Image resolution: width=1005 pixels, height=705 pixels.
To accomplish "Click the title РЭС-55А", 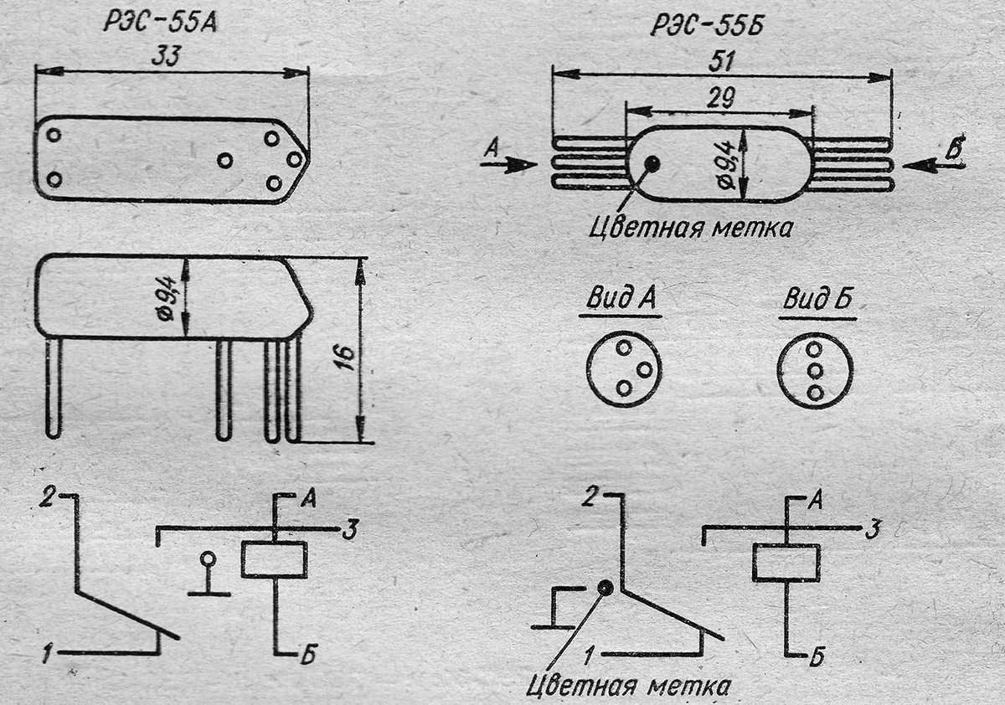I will click(x=159, y=21).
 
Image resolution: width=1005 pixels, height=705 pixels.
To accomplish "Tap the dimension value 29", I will click(x=720, y=97).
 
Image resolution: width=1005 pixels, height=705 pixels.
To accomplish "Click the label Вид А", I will click(x=621, y=300).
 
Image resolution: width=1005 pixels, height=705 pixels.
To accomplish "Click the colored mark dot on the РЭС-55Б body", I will click(x=652, y=164).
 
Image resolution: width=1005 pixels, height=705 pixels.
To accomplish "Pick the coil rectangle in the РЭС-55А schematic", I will click(x=274, y=559).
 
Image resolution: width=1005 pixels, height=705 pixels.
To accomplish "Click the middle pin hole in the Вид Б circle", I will click(x=815, y=369).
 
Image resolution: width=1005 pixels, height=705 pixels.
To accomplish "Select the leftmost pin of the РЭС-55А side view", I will click(x=54, y=387).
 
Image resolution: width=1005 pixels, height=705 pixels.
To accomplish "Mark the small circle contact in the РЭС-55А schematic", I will click(x=208, y=559).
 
